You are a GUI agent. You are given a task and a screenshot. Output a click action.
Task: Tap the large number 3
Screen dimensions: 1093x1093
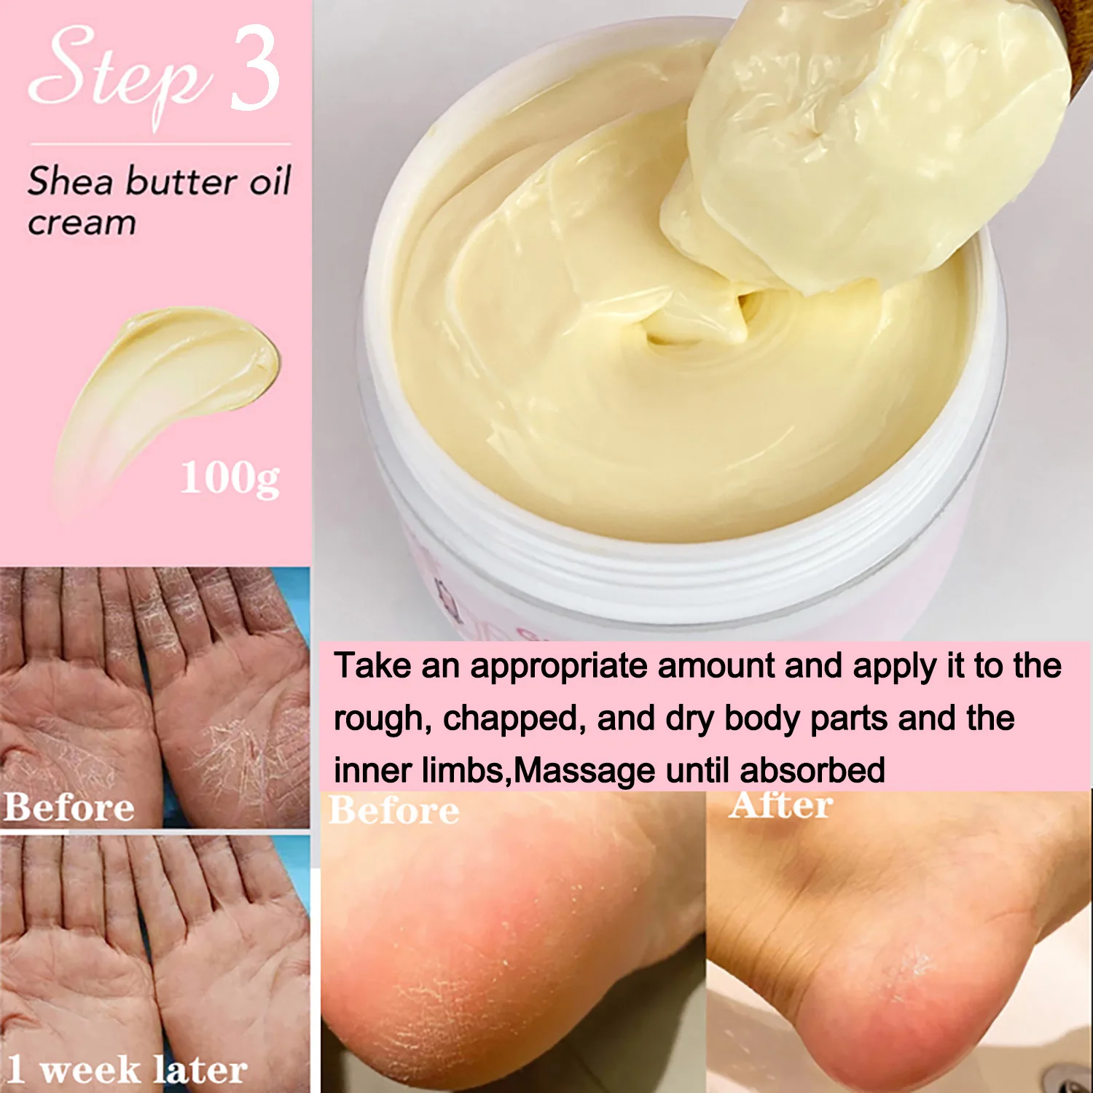pyautogui.click(x=255, y=69)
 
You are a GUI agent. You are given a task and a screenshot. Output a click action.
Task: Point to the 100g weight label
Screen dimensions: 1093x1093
pyautogui.click(x=230, y=479)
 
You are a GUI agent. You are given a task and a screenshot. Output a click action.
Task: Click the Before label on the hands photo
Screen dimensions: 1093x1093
pyautogui.click(x=69, y=807)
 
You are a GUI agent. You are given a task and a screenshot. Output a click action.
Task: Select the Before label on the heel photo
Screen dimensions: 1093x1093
pyautogui.click(x=394, y=810)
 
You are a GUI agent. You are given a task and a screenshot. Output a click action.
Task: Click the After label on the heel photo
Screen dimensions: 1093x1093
pyautogui.click(x=781, y=805)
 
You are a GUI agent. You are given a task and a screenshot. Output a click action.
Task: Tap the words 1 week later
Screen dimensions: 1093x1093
pyautogui.click(x=128, y=1070)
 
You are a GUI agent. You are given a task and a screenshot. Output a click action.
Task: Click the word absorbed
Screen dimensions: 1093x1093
pyautogui.click(x=812, y=771)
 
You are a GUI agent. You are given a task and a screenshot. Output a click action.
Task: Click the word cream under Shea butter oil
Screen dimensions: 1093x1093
pyautogui.click(x=82, y=223)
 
